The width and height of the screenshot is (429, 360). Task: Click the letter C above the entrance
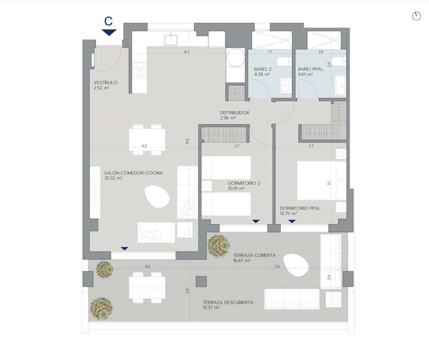point(109,21)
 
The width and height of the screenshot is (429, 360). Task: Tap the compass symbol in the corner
point(416,16)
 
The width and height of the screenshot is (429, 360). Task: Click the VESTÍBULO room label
point(105,82)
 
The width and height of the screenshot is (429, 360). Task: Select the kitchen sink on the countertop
point(171,39)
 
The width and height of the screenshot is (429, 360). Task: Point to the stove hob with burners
point(140,69)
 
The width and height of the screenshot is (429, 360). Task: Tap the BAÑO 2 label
point(263,69)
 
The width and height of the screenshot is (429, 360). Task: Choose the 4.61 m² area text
point(306,74)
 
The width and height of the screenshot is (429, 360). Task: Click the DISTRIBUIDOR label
point(234,113)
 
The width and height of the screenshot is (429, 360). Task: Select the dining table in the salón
point(147,140)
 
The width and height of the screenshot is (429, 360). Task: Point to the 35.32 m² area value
point(113,178)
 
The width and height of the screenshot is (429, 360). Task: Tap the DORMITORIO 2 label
point(244,183)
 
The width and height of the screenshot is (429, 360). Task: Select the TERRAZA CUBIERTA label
point(255,255)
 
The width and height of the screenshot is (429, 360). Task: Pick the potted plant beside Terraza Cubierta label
point(218,246)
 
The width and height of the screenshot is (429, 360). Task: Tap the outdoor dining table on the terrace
point(147,287)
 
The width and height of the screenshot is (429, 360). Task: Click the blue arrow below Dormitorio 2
point(256,221)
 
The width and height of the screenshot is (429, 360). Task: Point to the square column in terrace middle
point(201,281)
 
